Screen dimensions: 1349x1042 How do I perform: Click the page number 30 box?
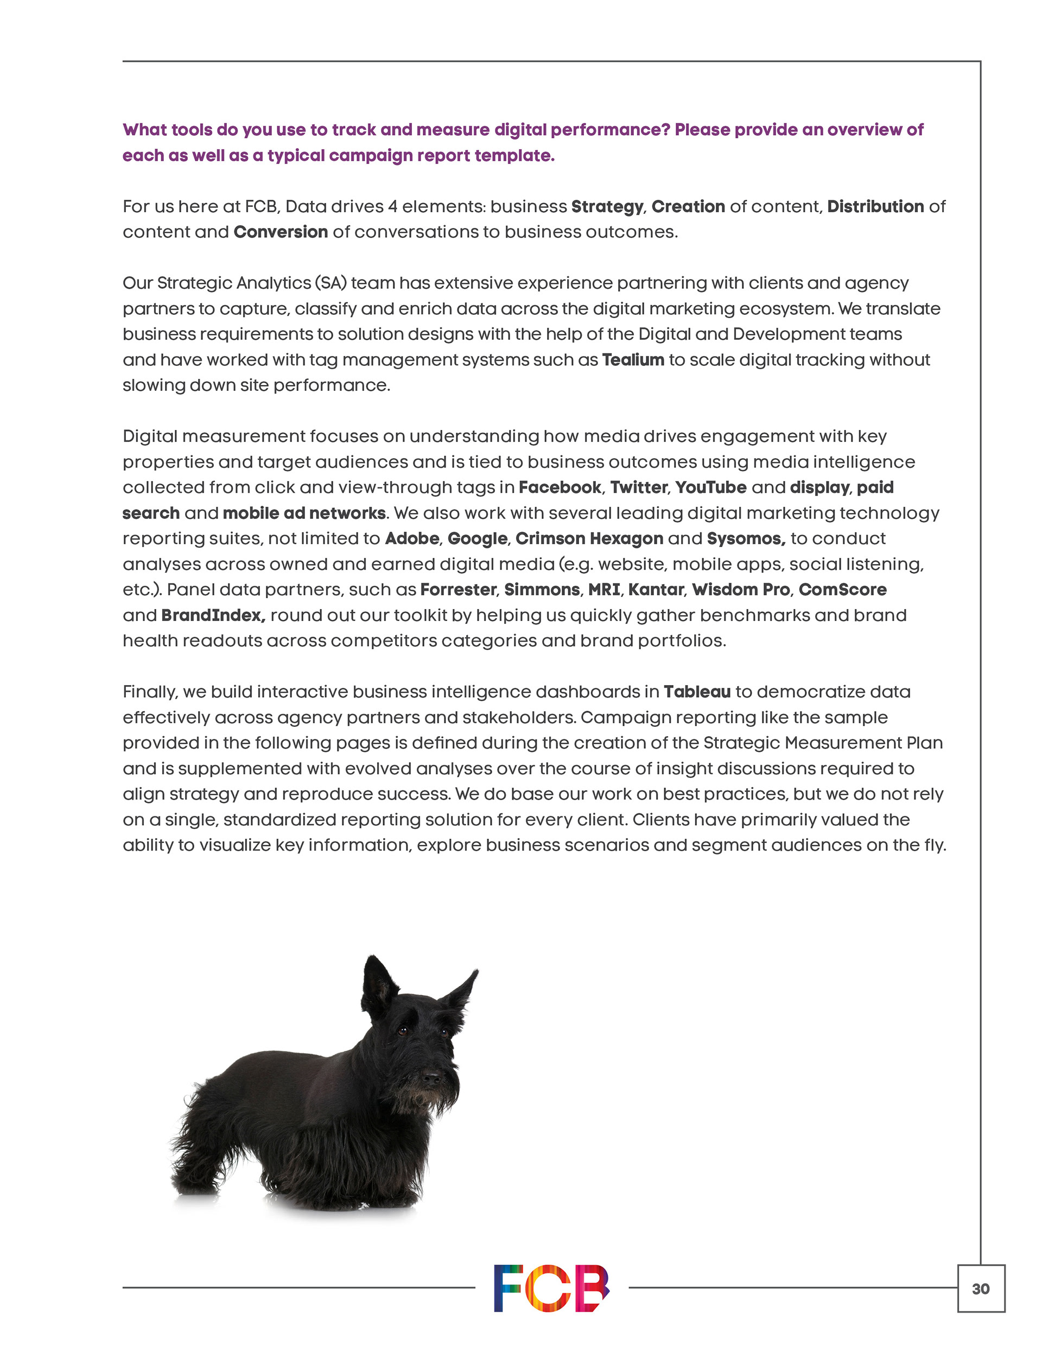[x=980, y=1288]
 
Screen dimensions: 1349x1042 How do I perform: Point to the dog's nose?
[x=430, y=1078]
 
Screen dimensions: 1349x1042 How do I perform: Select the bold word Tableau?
[x=697, y=692]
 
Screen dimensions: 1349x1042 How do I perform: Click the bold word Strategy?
[x=607, y=206]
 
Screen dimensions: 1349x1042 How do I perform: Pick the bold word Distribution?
[x=875, y=206]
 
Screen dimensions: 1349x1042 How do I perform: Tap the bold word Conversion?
[x=281, y=232]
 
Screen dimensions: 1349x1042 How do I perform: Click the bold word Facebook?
[x=560, y=487]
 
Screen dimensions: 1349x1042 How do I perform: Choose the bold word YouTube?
[x=710, y=487]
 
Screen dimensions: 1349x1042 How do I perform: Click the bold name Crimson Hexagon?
[x=589, y=539]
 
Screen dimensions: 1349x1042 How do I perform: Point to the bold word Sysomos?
[x=746, y=539]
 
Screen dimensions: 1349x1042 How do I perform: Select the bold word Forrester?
[x=458, y=589]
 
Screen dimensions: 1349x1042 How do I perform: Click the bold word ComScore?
[x=842, y=589]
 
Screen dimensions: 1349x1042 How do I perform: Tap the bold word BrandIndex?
[x=213, y=615]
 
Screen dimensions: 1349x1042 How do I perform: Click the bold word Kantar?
[x=656, y=589]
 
